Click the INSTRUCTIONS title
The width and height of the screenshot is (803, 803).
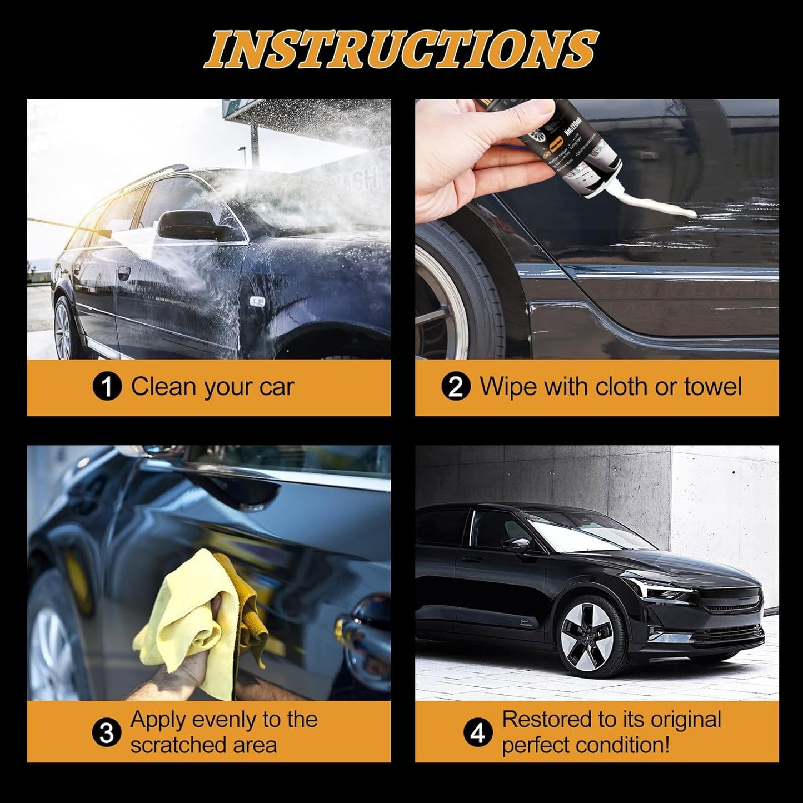[401, 49]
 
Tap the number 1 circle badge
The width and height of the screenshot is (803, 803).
[106, 387]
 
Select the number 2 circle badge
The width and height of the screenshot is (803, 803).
[455, 387]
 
